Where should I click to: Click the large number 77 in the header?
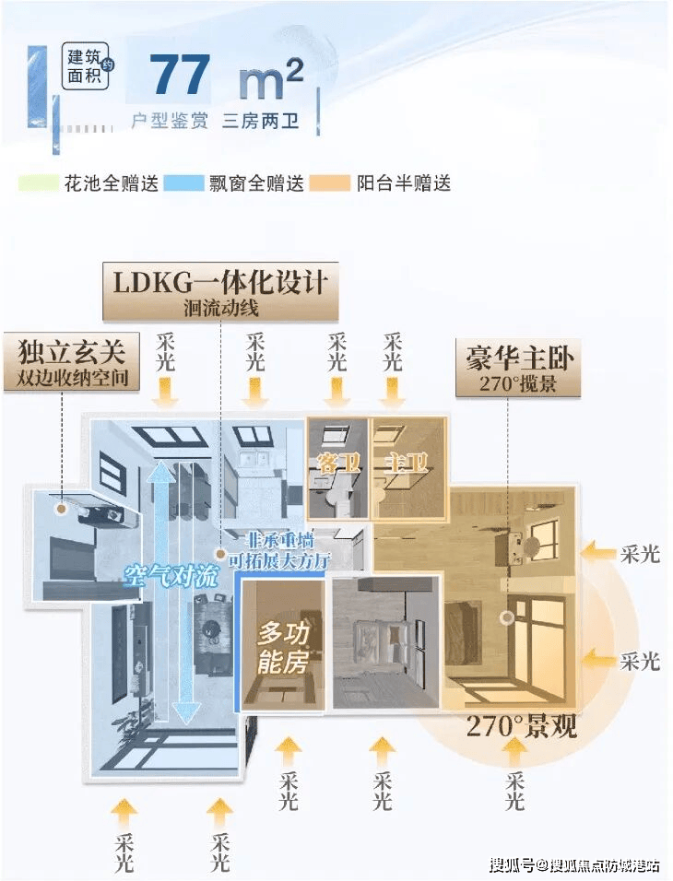(180, 76)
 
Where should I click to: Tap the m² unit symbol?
(269, 78)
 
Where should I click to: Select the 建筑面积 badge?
(86, 66)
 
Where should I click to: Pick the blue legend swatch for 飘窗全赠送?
(183, 182)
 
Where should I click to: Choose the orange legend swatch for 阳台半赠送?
(330, 182)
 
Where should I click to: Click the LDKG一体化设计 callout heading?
(219, 281)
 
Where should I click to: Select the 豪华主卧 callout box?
(513, 367)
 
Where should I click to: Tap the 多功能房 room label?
(283, 647)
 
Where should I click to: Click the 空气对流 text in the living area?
(171, 578)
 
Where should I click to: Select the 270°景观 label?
(522, 727)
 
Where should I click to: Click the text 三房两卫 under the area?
(260, 121)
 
